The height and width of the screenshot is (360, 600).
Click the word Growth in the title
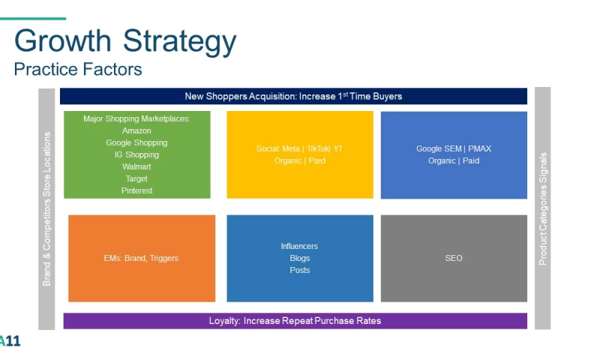63,40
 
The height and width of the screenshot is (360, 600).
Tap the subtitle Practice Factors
78,69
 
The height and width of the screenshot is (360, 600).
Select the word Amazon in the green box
136,130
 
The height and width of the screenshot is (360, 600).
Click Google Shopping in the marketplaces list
136,142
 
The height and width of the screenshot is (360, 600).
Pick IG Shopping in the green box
136,154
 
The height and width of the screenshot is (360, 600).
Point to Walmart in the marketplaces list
136,166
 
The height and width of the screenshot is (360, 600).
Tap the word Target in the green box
136,178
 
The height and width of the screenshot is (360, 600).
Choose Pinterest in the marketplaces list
136,190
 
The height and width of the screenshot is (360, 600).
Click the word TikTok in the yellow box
317,148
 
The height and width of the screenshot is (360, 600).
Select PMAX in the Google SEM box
479,148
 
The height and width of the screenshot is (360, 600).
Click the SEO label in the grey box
454,258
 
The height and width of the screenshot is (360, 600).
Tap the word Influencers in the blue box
299,246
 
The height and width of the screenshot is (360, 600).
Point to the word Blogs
299,258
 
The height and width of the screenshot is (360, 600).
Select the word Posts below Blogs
299,270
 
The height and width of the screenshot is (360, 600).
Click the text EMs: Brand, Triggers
141,258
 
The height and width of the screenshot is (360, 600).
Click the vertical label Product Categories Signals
542,209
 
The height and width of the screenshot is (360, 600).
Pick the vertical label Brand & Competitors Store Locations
46,209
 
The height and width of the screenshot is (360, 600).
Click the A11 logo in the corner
10,340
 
